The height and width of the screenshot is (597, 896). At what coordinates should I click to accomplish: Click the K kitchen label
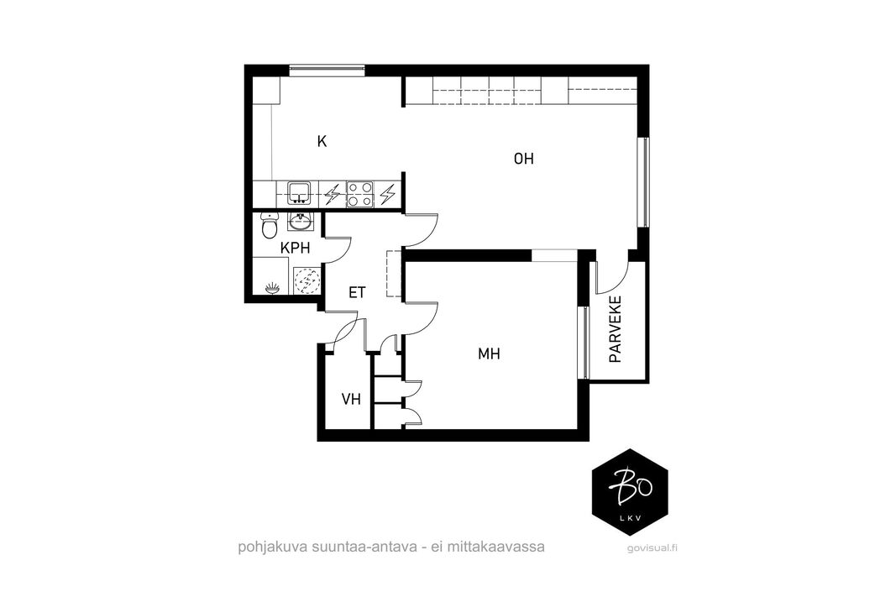[322, 141]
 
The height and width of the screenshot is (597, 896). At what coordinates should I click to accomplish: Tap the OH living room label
[523, 158]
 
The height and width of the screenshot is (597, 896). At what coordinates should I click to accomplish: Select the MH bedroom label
[489, 354]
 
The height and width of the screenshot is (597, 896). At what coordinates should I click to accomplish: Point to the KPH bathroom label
[295, 248]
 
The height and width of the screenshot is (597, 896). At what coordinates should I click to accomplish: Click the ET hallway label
[357, 292]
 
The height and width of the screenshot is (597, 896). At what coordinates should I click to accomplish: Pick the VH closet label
[351, 399]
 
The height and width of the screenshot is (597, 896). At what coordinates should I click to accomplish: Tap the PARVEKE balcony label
[616, 330]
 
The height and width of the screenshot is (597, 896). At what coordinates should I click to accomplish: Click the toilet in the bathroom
[269, 226]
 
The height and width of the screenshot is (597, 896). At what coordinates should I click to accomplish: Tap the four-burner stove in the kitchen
[360, 194]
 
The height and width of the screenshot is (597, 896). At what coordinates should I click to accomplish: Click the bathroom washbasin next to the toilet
[300, 222]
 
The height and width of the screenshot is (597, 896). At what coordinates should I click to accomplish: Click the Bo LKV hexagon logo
[630, 492]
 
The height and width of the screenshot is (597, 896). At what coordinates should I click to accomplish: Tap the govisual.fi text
[652, 548]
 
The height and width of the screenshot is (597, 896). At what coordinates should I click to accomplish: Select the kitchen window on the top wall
[327, 71]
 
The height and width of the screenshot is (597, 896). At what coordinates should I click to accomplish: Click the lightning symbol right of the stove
[388, 194]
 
